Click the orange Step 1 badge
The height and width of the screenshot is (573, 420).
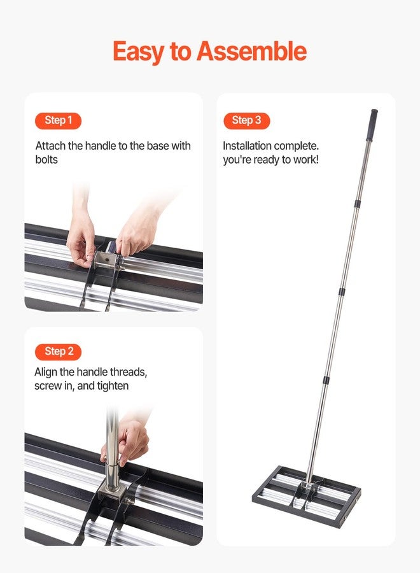pos(58,120)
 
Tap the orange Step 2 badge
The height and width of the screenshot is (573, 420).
pos(59,351)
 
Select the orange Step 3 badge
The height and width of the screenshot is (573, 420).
pos(246,120)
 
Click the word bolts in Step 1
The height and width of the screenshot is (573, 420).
pos(46,159)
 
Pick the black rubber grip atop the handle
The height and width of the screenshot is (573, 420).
pos(371,125)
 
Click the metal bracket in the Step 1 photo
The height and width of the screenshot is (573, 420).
pos(106,262)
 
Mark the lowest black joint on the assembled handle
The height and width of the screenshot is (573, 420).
pos(325,380)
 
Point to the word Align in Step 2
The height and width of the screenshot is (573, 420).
pos(47,372)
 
